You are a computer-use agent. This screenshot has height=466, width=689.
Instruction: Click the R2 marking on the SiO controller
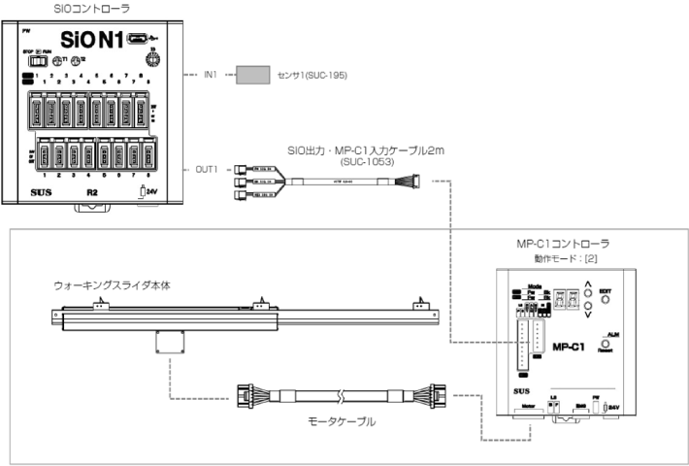(x=92, y=192)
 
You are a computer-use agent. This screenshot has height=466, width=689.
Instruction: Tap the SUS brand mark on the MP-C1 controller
(x=522, y=387)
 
